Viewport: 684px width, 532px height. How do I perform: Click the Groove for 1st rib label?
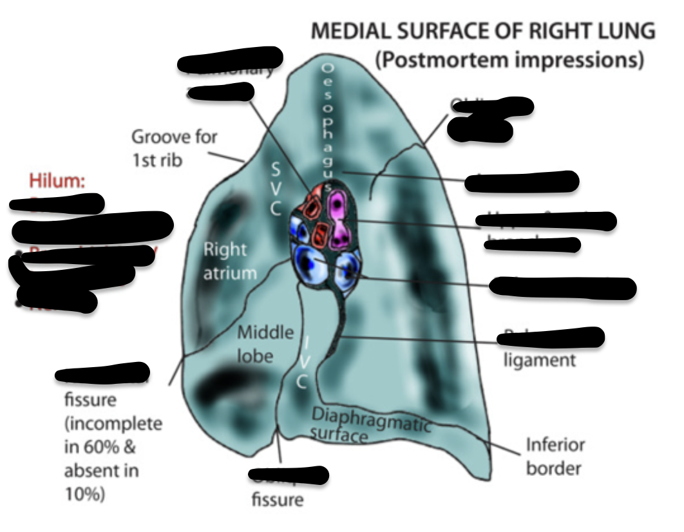pyautogui.click(x=174, y=147)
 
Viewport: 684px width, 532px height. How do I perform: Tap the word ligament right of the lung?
pyautogui.click(x=539, y=360)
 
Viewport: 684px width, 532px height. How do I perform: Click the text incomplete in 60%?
pyautogui.click(x=113, y=435)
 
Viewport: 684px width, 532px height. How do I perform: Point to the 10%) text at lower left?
pyautogui.click(x=85, y=494)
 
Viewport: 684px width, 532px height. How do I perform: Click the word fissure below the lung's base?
pyautogui.click(x=277, y=499)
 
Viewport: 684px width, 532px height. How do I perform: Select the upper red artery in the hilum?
pyautogui.click(x=313, y=207)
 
